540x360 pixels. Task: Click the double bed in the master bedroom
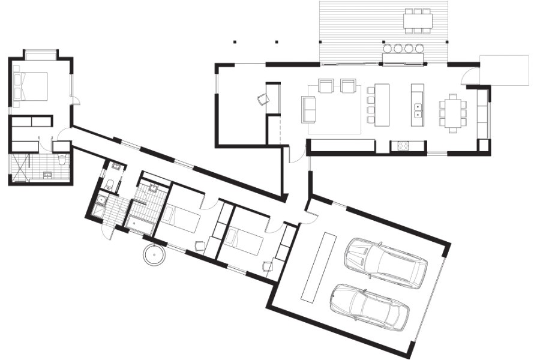click(x=30, y=86)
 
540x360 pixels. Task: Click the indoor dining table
click(x=452, y=112)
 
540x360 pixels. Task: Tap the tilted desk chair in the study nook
click(x=262, y=100)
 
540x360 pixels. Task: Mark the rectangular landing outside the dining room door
click(x=504, y=70)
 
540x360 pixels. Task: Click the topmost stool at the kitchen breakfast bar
click(x=371, y=90)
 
